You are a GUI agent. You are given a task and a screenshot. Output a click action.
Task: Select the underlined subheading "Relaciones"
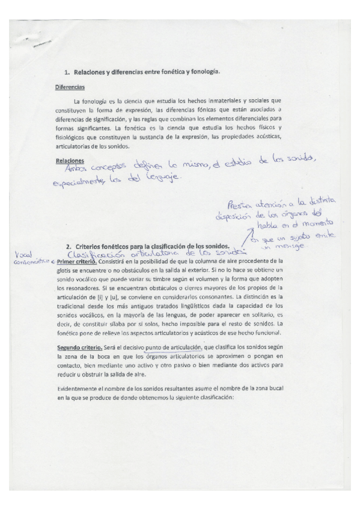[69, 161]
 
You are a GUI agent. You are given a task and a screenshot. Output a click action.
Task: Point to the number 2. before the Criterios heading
[70, 247]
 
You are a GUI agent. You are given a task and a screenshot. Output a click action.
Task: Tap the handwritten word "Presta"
[240, 205]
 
